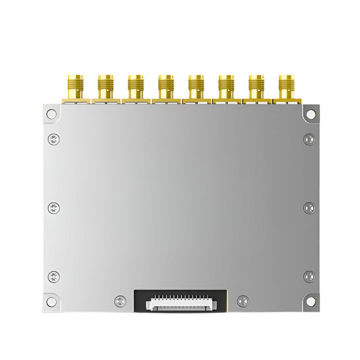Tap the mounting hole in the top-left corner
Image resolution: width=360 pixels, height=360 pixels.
point(51,114)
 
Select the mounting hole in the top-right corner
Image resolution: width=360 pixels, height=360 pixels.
point(311,114)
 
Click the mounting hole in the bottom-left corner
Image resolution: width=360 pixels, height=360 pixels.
point(51,301)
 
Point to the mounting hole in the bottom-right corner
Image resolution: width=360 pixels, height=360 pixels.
point(311,301)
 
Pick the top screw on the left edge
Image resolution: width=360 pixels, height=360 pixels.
point(54,140)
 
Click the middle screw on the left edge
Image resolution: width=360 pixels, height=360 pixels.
point(54,208)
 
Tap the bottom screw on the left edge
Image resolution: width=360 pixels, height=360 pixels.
point(54,277)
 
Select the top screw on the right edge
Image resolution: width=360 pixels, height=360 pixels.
point(309,140)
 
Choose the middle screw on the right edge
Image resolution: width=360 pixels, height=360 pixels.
point(309,208)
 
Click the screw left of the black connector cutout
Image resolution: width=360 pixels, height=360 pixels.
point(120,300)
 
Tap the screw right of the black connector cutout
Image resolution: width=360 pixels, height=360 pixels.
point(243,300)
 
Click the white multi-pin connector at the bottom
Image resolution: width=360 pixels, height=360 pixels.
point(180,303)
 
